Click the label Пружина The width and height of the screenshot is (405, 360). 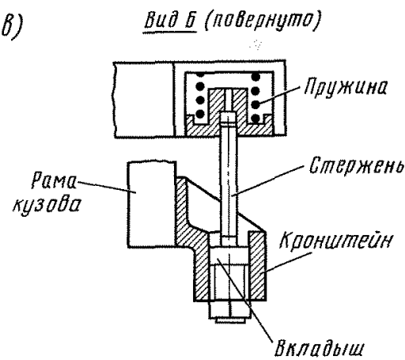pos(346,87)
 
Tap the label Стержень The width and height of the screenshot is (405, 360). pos(356,165)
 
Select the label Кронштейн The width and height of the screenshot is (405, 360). pos(335,240)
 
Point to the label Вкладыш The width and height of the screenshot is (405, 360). pos(319,348)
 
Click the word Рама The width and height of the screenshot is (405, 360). pos(54,180)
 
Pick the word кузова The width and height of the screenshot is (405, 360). pos(47,205)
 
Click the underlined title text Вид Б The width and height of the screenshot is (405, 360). pos(170,21)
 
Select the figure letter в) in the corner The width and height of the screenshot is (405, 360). pos(12,26)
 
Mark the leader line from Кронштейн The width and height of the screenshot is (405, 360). pos(287,262)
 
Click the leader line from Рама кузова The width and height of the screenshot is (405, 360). pos(106,188)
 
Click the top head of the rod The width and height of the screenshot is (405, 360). pos(229,118)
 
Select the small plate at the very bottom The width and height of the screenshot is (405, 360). pos(230,320)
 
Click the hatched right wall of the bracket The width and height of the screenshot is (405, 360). pos(257,266)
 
